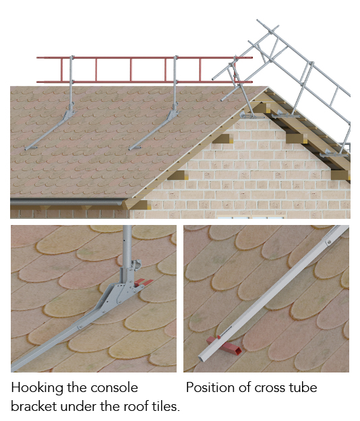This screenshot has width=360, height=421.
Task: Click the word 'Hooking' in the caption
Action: coord(37,388)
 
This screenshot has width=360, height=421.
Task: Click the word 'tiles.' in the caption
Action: coord(166,406)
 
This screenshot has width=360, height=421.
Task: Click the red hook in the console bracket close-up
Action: coord(143,282)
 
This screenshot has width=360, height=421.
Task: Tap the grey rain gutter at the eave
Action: coord(67,202)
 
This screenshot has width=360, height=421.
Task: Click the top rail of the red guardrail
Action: coord(144,58)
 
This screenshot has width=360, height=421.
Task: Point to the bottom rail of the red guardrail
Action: coord(144,82)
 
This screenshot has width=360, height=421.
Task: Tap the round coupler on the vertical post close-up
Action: coord(136,264)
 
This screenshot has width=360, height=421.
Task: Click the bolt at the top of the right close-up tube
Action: coord(328,242)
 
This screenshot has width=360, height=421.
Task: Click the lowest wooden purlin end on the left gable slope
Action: coord(139,205)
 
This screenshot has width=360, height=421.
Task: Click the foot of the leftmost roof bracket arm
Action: coord(30,148)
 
